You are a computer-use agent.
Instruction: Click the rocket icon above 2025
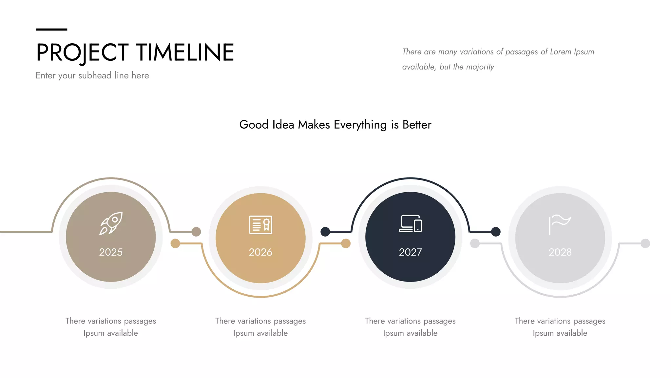pyautogui.click(x=111, y=223)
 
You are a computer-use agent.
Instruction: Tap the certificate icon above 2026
pyautogui.click(x=260, y=225)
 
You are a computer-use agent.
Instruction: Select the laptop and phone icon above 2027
pyautogui.click(x=410, y=224)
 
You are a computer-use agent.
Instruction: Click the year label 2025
pyautogui.click(x=111, y=252)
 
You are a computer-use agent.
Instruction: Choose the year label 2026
pyautogui.click(x=260, y=252)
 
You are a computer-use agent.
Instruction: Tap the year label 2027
pyautogui.click(x=410, y=252)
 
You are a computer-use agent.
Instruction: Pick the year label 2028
pyautogui.click(x=560, y=252)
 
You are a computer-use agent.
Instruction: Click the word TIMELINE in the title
pyautogui.click(x=185, y=52)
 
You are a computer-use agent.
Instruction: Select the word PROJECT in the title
pyautogui.click(x=82, y=52)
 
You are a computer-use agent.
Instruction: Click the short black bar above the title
pyautogui.click(x=51, y=30)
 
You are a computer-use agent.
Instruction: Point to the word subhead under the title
pyautogui.click(x=95, y=75)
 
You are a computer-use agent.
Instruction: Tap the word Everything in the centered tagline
pyautogui.click(x=360, y=125)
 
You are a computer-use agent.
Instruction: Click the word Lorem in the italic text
pyautogui.click(x=561, y=52)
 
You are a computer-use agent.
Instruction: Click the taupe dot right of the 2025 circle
pyautogui.click(x=196, y=232)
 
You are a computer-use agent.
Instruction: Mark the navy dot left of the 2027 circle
pyautogui.click(x=325, y=232)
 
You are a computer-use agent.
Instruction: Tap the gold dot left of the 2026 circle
pyautogui.click(x=175, y=243)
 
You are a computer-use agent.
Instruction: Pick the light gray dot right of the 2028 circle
pyautogui.click(x=645, y=243)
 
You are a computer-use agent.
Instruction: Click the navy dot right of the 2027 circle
pyautogui.click(x=496, y=232)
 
